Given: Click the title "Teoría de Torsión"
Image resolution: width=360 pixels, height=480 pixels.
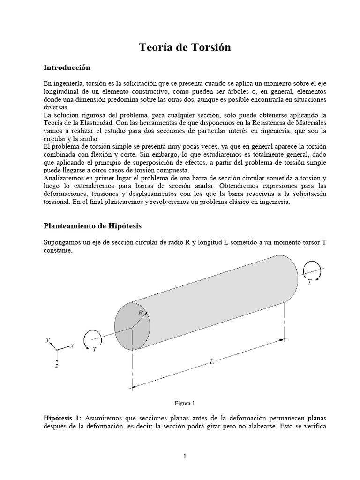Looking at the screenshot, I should [185, 48].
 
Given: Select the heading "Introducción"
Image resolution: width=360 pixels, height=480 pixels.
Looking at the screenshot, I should [67, 68].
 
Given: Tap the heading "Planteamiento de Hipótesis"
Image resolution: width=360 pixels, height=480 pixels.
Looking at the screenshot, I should [92, 226].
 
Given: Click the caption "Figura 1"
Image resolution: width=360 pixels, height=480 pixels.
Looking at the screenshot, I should [184, 403].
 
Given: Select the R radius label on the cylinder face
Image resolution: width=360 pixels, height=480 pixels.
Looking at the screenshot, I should [140, 313].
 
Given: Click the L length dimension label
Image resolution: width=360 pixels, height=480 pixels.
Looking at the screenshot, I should [211, 362].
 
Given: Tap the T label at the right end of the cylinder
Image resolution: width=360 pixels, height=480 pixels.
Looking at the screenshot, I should [309, 282].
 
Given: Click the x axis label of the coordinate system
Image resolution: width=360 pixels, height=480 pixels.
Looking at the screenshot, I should [72, 346].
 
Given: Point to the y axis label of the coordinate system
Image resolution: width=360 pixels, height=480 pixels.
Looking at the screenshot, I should [47, 340].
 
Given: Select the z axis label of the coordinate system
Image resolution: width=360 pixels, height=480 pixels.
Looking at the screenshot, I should [56, 366].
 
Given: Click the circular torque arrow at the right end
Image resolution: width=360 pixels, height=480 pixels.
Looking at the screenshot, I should [311, 270].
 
